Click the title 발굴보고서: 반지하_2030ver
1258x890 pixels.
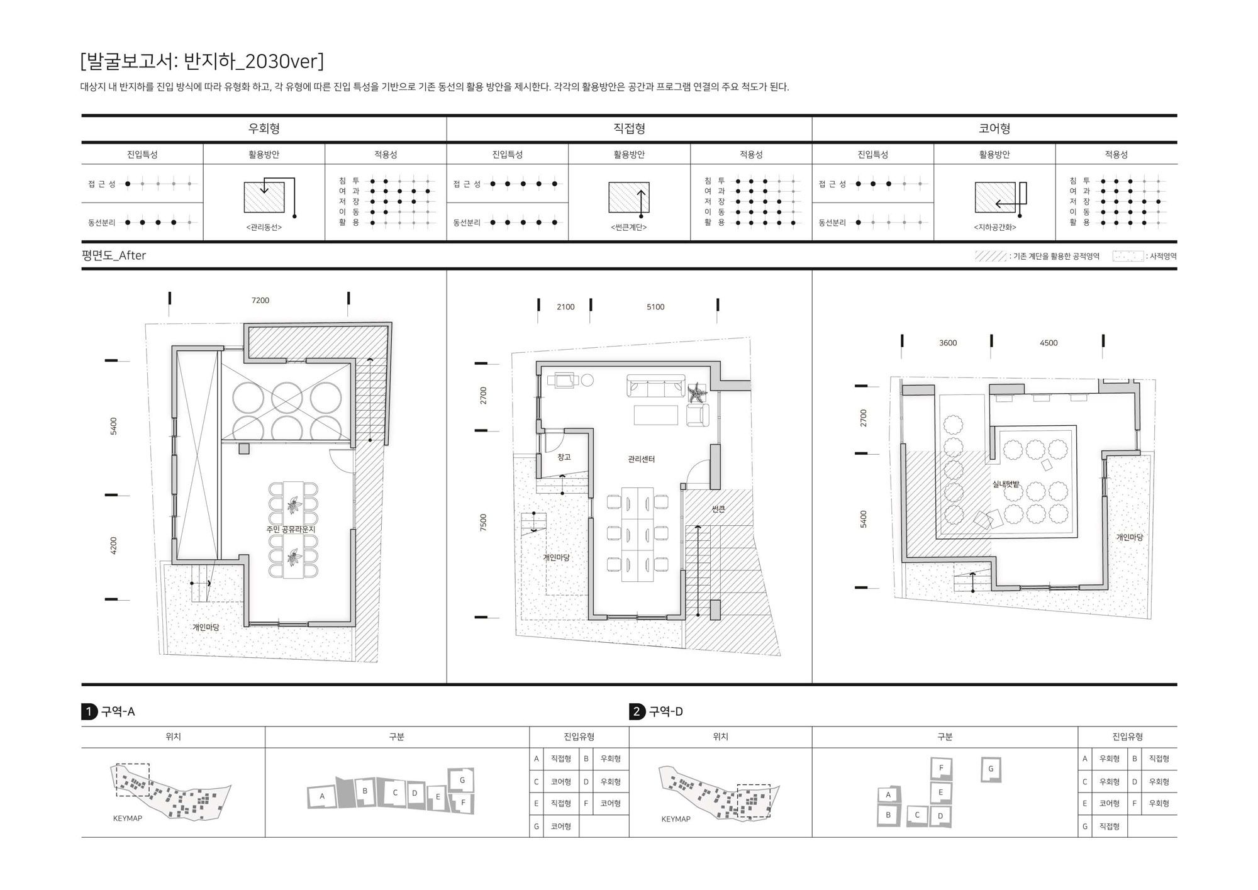pos(202,61)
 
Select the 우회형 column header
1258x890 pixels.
pos(264,128)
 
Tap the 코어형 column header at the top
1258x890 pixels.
pos(994,128)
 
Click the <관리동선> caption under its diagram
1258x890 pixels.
pos(264,227)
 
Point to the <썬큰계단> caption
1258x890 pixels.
pos(629,227)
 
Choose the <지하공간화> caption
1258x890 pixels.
pos(994,227)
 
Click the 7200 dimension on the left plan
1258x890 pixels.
pos(260,301)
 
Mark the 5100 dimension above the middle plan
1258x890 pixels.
pos(655,307)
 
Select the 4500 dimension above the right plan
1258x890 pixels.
pos(1049,343)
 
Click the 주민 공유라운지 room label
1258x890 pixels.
pos(291,530)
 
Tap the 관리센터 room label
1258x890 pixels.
pos(642,459)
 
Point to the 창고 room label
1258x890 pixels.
pos(564,457)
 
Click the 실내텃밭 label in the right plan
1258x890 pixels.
pos(1006,484)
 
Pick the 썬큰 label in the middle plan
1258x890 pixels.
pos(718,509)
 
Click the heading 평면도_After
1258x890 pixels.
pos(114,255)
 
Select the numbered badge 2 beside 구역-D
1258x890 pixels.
pos(637,711)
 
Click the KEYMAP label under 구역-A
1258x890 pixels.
pos(128,818)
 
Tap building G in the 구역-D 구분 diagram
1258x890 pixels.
pos(991,769)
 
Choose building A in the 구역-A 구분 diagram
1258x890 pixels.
pos(322,796)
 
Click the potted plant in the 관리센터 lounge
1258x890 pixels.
pos(697,393)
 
